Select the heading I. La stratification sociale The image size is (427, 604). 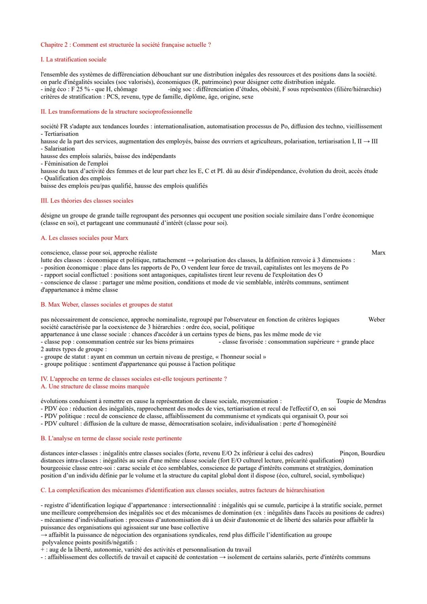click(x=74, y=59)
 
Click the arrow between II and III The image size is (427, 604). click(x=367, y=141)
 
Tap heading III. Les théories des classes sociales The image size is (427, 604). click(x=87, y=201)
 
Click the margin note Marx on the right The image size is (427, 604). click(x=378, y=253)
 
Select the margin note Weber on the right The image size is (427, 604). click(x=376, y=320)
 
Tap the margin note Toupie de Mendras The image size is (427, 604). click(x=361, y=401)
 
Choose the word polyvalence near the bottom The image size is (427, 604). click(x=58, y=542)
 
